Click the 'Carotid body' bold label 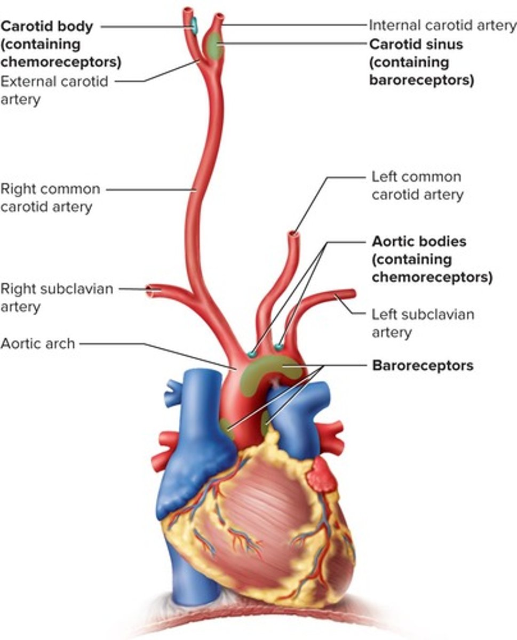pyautogui.click(x=47, y=26)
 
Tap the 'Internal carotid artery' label pyautogui.click(x=442, y=25)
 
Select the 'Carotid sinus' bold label pyautogui.click(x=416, y=44)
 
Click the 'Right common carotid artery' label pyautogui.click(x=50, y=198)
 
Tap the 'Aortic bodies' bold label pyautogui.click(x=419, y=242)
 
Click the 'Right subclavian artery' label pyautogui.click(x=57, y=298)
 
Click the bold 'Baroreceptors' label pyautogui.click(x=423, y=366)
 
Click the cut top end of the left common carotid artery pyautogui.click(x=293, y=234)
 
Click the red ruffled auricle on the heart pyautogui.click(x=321, y=474)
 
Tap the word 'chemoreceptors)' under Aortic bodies pyautogui.click(x=432, y=278)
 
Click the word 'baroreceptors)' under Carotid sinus pyautogui.click(x=421, y=81)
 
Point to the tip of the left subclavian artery pyautogui.click(x=352, y=292)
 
